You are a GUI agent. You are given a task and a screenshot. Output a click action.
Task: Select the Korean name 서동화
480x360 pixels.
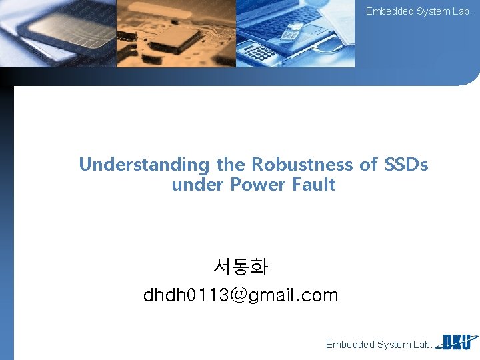point(241,267)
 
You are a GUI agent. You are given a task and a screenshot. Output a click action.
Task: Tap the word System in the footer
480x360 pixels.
point(395,345)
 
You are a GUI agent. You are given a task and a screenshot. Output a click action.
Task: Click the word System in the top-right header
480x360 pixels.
point(433,11)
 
